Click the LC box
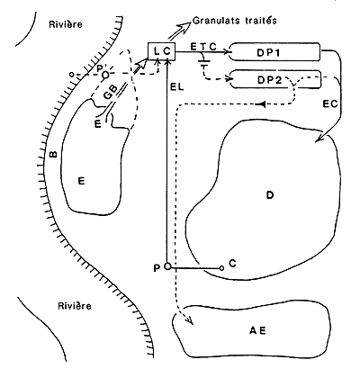(x=162, y=53)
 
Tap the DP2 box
(x=275, y=80)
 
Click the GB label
(x=110, y=94)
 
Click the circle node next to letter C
(x=221, y=267)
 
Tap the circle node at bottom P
(x=168, y=267)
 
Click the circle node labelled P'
(x=105, y=75)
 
